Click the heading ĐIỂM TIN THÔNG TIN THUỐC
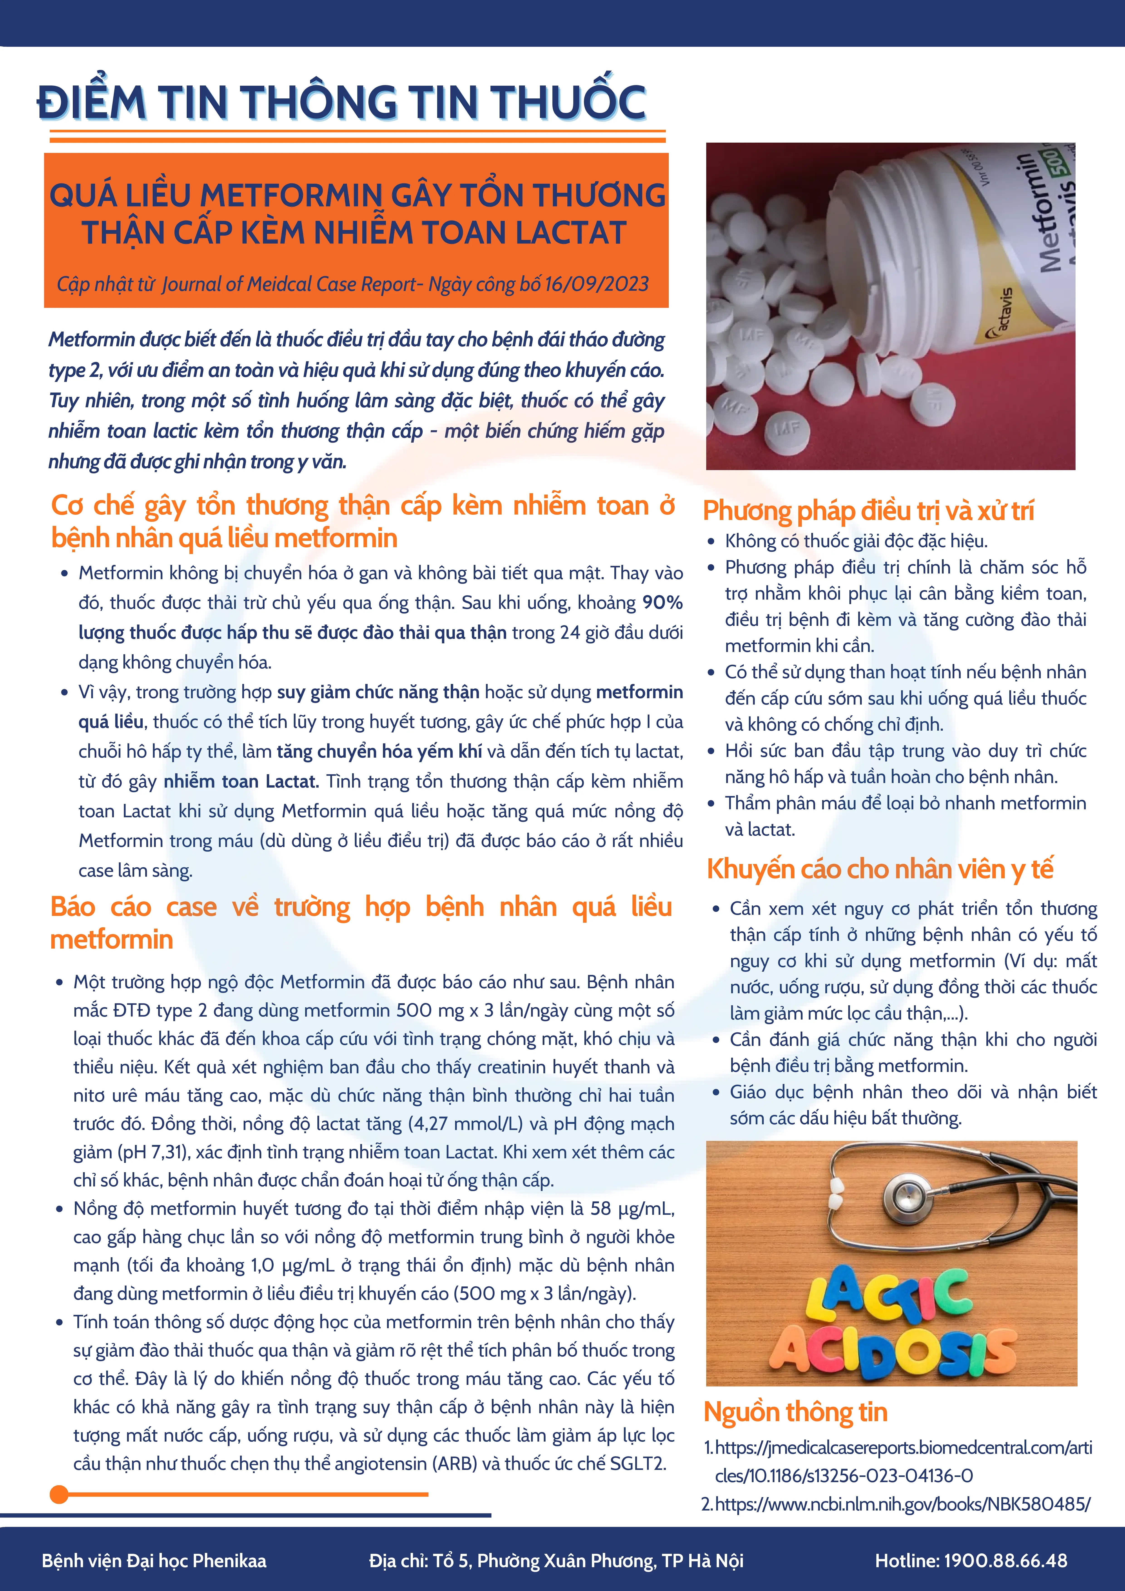[341, 102]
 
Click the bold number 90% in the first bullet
[662, 603]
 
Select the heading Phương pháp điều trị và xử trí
[868, 511]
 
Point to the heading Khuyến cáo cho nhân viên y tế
[880, 869]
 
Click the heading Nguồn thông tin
[795, 1412]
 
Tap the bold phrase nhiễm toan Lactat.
[240, 782]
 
